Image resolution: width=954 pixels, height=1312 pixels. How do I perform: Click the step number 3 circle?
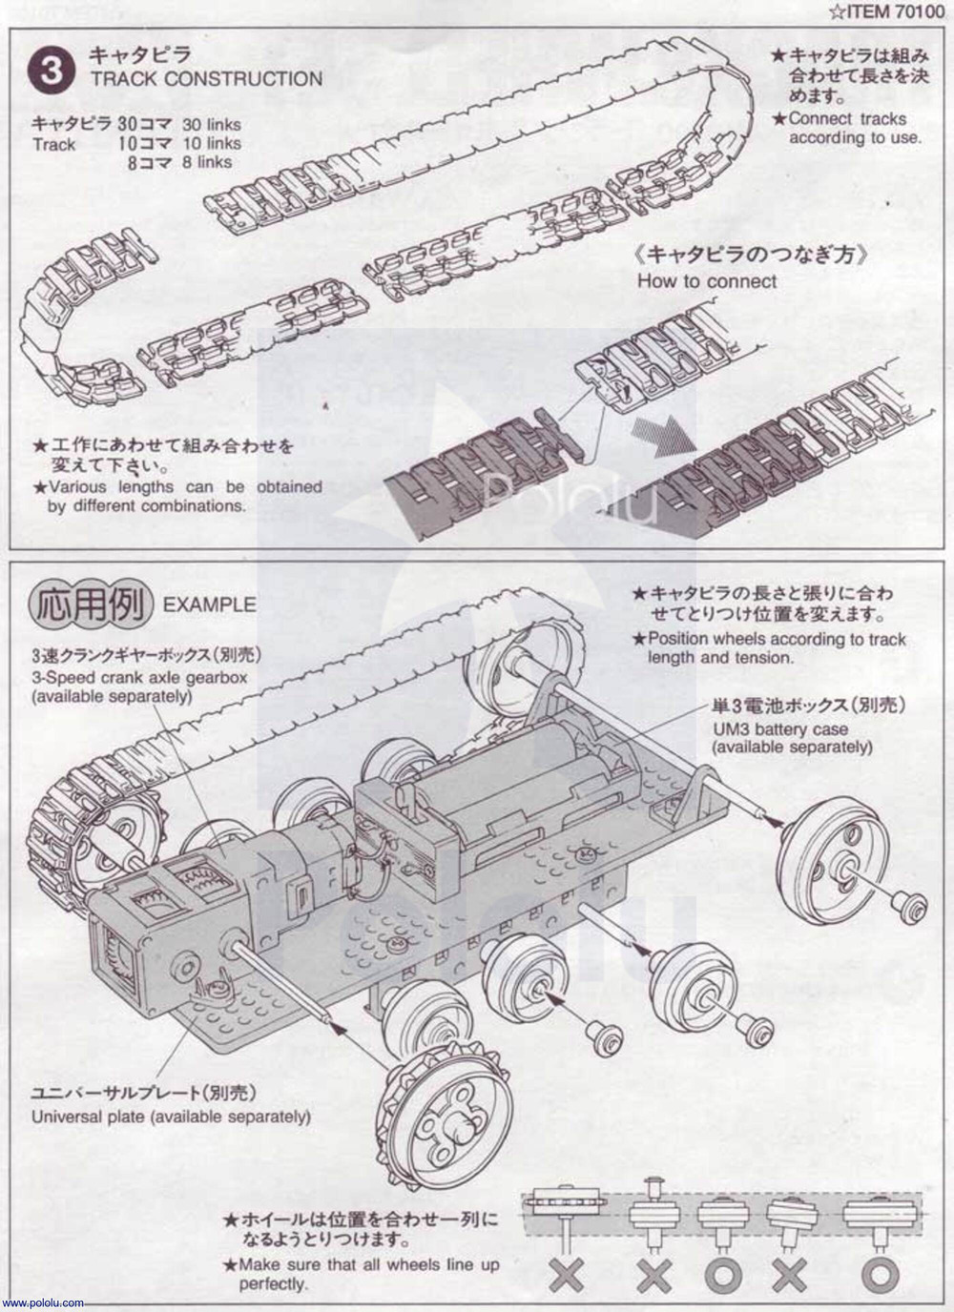[52, 72]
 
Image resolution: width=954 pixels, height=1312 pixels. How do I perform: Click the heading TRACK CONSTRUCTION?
[206, 79]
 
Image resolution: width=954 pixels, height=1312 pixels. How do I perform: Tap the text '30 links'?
[212, 125]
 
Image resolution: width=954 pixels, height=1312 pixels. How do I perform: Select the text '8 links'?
[207, 162]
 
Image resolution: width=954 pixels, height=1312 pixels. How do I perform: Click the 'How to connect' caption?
[707, 281]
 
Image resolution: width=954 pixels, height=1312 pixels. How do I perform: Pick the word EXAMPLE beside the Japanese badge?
[209, 605]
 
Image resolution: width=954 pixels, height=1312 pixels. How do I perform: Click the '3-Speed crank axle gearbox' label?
[139, 678]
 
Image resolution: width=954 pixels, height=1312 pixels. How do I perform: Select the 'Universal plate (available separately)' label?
[171, 1117]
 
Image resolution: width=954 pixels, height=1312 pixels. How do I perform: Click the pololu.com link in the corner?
[43, 1302]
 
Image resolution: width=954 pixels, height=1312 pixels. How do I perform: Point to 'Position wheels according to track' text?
[777, 639]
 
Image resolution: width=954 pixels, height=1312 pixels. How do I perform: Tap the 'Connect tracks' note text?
[847, 119]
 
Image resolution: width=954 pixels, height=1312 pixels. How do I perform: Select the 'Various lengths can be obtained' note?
[185, 486]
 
